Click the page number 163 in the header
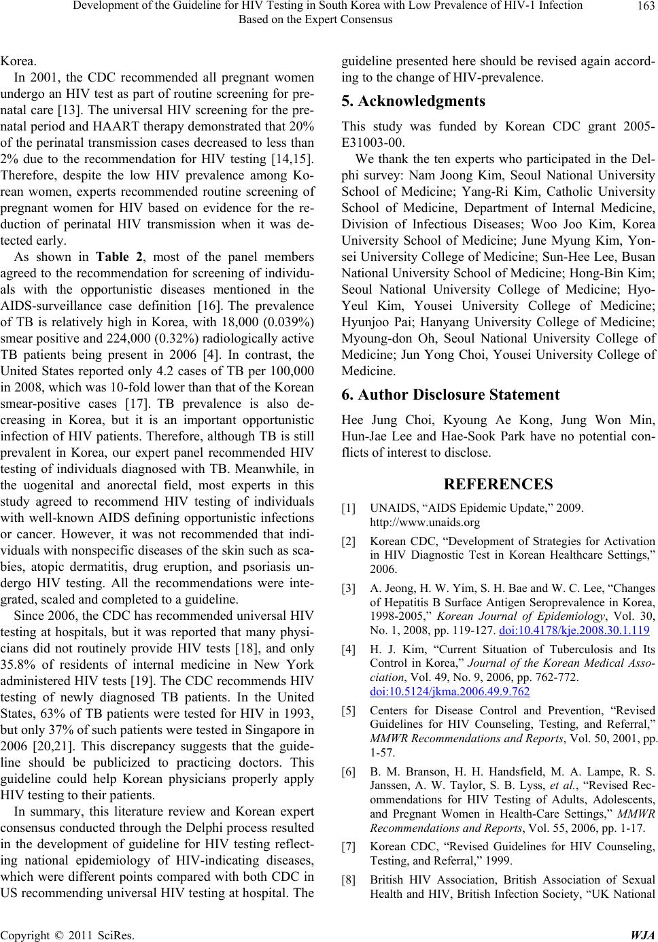pos(644,6)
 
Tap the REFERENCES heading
pos(498,484)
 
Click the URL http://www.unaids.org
pos(415,523)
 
